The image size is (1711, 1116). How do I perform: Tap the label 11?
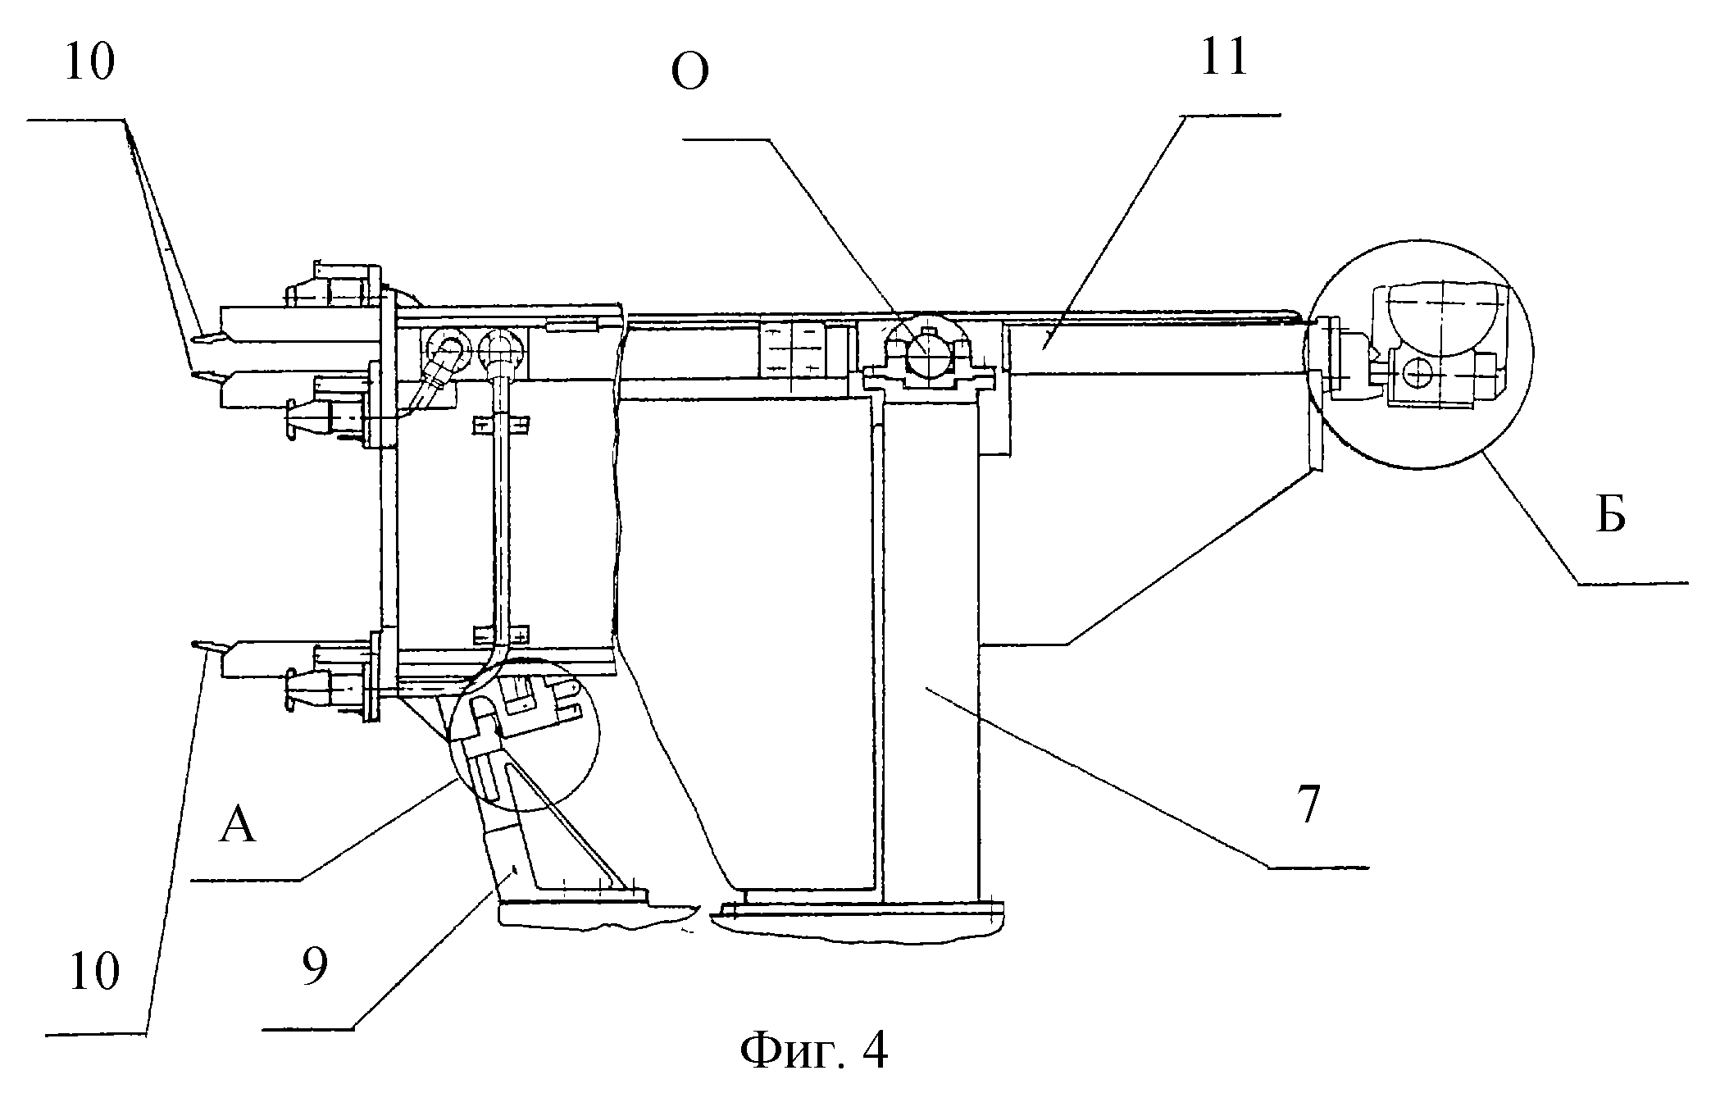click(1223, 57)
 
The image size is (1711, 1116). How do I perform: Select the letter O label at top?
click(689, 74)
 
